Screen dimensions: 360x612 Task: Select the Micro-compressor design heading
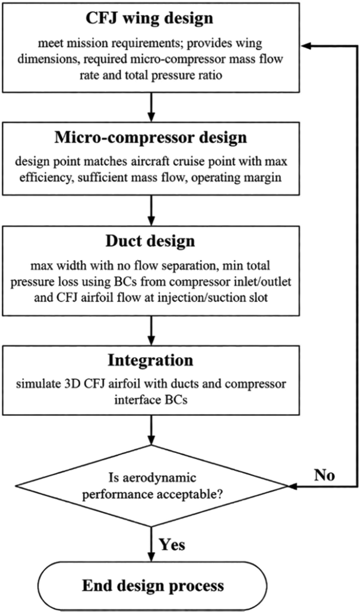click(151, 138)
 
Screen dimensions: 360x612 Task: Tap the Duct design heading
click(150, 241)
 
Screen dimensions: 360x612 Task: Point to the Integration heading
click(151, 360)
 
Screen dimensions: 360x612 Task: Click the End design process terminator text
click(152, 585)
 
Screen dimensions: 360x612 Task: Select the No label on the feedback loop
click(324, 476)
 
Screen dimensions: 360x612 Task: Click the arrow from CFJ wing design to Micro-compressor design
click(151, 107)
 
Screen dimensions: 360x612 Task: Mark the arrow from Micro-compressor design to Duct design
click(151, 210)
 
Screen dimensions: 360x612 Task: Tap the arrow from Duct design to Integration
click(151, 330)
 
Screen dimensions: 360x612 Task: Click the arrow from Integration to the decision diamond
click(151, 430)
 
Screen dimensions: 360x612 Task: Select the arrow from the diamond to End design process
click(151, 544)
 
